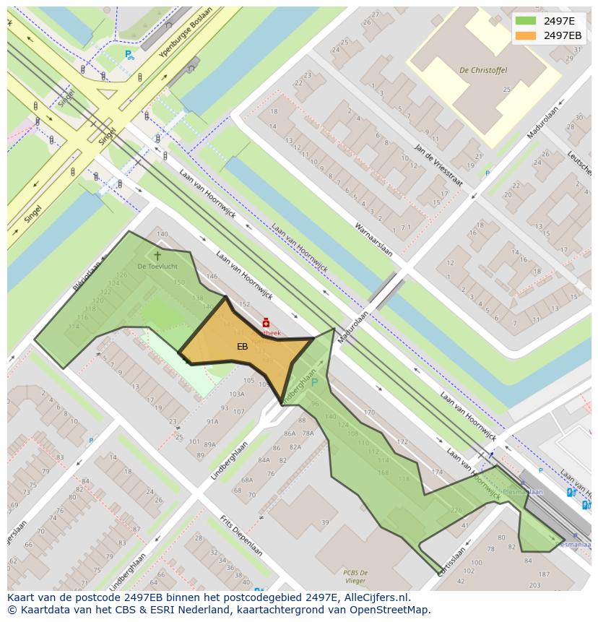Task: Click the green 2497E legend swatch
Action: click(x=526, y=21)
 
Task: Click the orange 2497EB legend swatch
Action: click(x=526, y=35)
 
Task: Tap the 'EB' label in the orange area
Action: click(x=242, y=347)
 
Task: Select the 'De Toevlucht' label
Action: click(x=157, y=267)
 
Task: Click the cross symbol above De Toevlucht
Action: click(x=157, y=256)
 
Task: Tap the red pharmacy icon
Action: click(x=266, y=323)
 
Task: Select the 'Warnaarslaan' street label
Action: click(x=373, y=239)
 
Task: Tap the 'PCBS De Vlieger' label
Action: click(x=355, y=576)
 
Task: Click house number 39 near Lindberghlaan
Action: click(x=325, y=522)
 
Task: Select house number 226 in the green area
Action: click(x=456, y=510)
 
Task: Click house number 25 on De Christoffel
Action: click(x=506, y=90)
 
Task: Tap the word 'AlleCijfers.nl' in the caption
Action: click(x=376, y=597)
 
